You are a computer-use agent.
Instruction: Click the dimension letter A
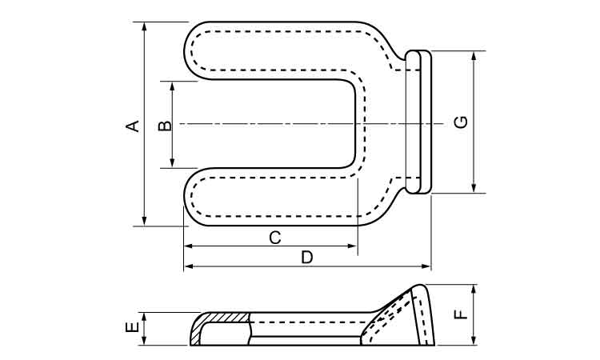pos(134,125)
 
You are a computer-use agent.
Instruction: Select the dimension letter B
pos(162,125)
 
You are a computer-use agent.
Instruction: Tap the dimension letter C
pos(274,238)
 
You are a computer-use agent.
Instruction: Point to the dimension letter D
pos(306,257)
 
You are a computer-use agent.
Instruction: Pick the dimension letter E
pos(133,328)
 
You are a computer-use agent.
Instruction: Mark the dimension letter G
pos(461,122)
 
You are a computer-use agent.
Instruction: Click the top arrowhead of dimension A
pos(144,26)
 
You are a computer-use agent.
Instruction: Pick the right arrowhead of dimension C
pos(352,247)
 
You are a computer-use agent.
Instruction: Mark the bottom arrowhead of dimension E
pos(144,342)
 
